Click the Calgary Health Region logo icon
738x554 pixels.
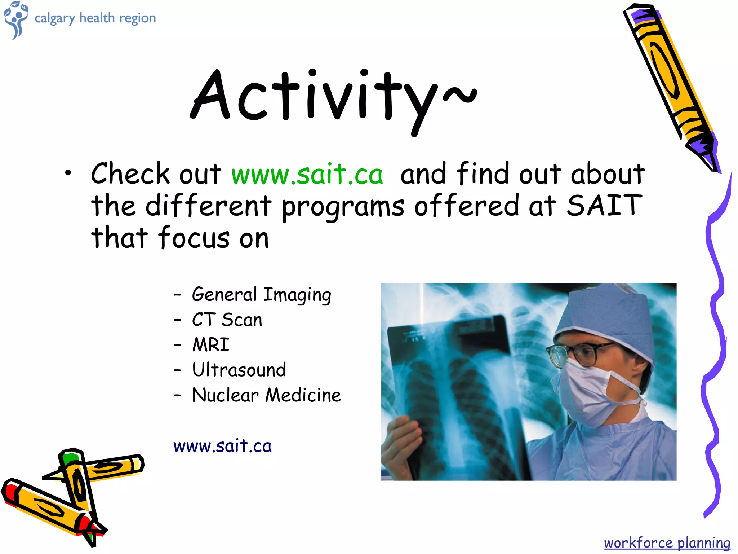[x=15, y=19]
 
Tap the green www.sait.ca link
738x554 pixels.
[x=307, y=175]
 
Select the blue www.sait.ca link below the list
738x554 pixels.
[x=222, y=447]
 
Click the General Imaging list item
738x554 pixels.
[x=261, y=295]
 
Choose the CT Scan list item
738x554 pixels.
[x=227, y=320]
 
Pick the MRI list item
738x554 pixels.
[x=211, y=345]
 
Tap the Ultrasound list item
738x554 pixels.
[x=239, y=370]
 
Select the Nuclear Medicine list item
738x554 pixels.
[x=266, y=395]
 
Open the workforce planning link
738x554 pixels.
[x=667, y=543]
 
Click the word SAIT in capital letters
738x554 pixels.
[x=604, y=206]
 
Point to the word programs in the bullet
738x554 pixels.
[x=343, y=207]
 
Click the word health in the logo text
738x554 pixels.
[x=97, y=18]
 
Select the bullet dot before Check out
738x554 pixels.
[x=68, y=174]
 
